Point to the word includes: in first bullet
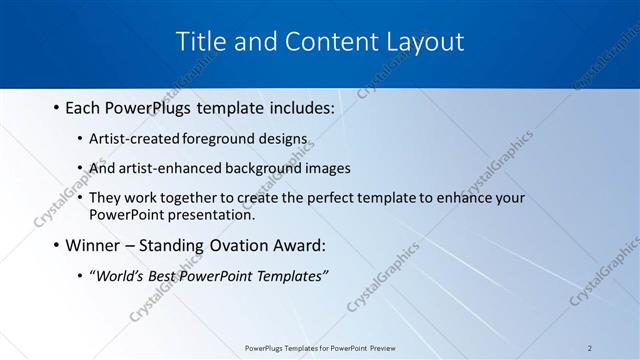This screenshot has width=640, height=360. pyautogui.click(x=299, y=107)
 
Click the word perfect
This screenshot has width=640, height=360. pyautogui.click(x=329, y=198)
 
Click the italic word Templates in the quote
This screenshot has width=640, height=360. pyautogui.click(x=290, y=276)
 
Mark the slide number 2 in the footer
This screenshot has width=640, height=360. pyautogui.click(x=590, y=347)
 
